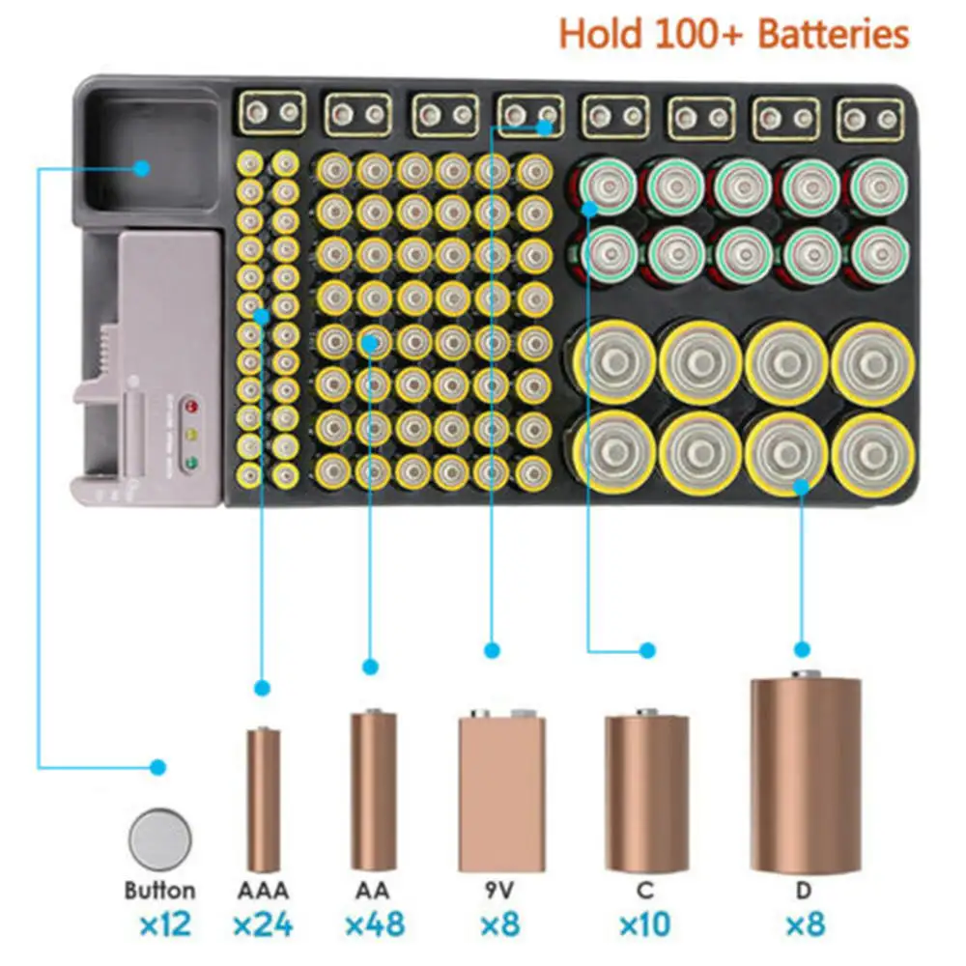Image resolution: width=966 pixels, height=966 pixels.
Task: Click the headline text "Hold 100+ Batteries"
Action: click(x=734, y=34)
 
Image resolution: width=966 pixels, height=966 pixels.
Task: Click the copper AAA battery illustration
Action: click(x=263, y=799)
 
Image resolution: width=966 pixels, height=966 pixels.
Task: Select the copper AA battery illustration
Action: click(x=373, y=790)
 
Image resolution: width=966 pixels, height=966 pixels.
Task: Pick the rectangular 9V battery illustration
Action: click(x=501, y=791)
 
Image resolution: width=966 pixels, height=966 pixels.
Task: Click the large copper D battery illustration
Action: click(x=805, y=775)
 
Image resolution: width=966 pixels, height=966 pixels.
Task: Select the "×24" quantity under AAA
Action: click(x=263, y=924)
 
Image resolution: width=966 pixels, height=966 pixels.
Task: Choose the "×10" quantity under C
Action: click(x=646, y=924)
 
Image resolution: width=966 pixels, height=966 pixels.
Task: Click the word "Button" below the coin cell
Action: click(x=159, y=890)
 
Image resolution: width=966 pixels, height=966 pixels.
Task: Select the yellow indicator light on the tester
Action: click(x=190, y=434)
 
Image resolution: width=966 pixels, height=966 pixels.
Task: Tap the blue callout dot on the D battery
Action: click(x=801, y=488)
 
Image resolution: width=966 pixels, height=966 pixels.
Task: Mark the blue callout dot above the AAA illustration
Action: click(x=261, y=688)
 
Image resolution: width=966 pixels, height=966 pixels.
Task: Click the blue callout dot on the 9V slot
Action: click(x=546, y=127)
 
